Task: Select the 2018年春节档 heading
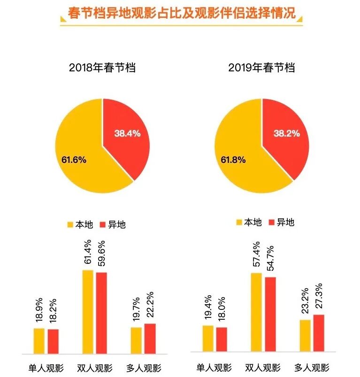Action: [x=102, y=67]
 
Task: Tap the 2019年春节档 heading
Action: [x=261, y=67]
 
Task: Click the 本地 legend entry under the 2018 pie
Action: [x=80, y=224]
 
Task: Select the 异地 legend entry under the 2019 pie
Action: [x=281, y=222]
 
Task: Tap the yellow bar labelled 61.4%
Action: [x=88, y=312]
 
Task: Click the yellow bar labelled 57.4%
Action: [x=256, y=312]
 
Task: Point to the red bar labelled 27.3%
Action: [x=319, y=333]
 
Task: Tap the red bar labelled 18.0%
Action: [x=222, y=339]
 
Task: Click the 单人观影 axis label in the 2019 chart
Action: [x=214, y=367]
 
